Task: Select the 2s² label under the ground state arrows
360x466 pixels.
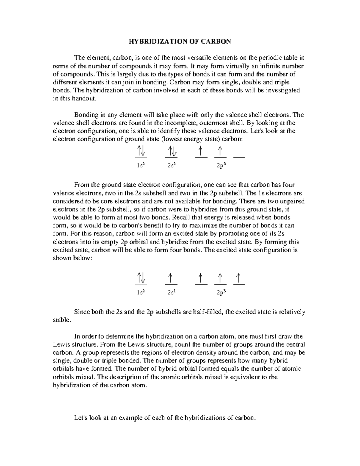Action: (172, 165)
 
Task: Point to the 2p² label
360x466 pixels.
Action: (221, 165)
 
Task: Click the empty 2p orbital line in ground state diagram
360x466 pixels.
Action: (239, 157)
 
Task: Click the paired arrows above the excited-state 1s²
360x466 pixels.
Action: (141, 278)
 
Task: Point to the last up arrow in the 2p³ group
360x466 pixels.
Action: (239, 278)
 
